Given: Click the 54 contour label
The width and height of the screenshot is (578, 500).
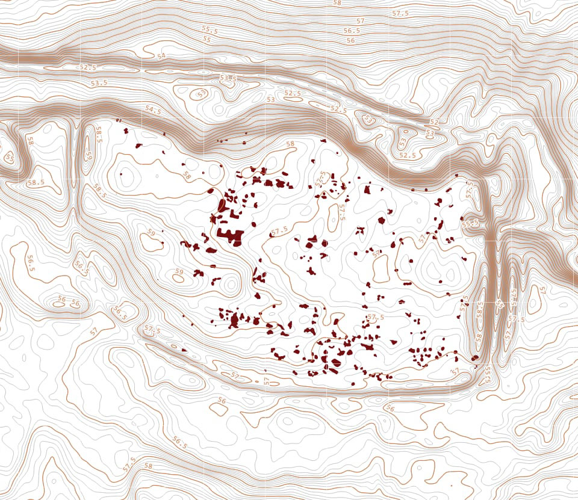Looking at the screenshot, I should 161,56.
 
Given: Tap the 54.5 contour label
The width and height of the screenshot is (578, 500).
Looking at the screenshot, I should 153,110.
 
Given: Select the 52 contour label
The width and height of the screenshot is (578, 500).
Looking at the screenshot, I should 434,123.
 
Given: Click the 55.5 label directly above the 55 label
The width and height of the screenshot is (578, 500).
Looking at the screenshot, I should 210,29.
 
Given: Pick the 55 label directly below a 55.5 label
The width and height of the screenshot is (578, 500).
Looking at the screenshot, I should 207,39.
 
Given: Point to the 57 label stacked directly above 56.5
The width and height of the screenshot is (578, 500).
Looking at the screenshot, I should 360,21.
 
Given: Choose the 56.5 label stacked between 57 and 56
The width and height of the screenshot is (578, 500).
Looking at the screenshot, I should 352,31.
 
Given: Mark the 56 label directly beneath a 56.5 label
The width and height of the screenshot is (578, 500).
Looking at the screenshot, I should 350,40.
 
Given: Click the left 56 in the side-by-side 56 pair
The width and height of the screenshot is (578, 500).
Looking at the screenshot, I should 61,299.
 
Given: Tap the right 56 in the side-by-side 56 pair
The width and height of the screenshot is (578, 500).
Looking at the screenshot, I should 76,303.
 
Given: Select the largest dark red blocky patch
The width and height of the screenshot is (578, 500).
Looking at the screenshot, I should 229,233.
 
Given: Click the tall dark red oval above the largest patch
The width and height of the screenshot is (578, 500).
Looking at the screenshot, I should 222,205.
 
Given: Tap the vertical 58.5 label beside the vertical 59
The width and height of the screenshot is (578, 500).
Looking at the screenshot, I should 99,134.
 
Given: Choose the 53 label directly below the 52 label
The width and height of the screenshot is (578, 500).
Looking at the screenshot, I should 430,132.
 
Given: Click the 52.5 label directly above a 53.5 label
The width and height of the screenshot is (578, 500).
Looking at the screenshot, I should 88,67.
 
